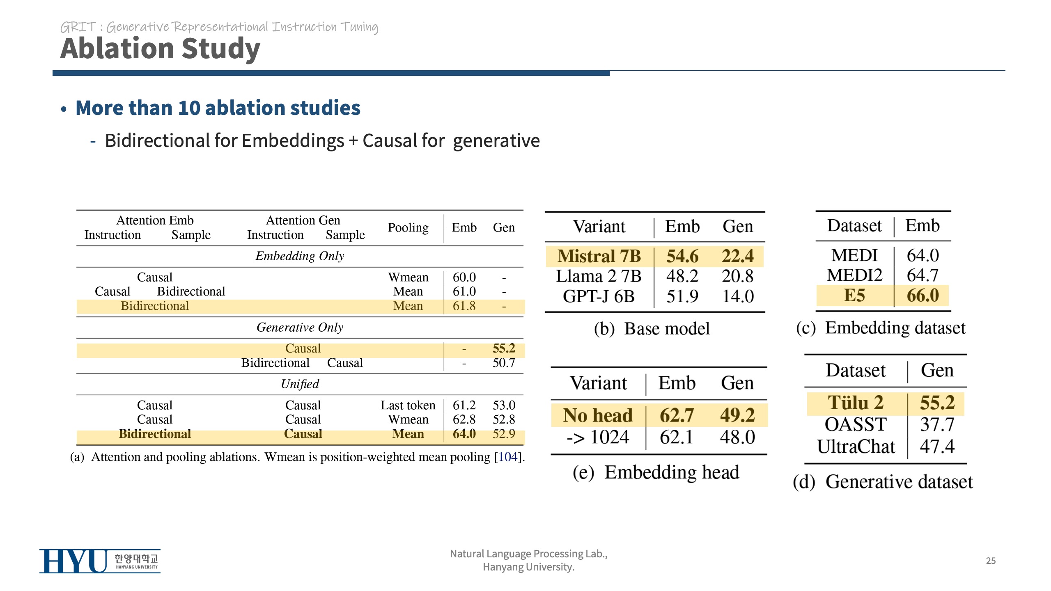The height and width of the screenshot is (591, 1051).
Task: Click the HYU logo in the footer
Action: tap(99, 561)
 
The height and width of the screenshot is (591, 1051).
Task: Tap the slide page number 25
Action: tap(991, 561)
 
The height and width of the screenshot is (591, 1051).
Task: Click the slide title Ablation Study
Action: tap(160, 48)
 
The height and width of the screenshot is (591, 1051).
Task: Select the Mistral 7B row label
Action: tap(599, 256)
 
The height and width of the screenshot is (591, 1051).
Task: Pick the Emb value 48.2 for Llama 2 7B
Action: tap(682, 276)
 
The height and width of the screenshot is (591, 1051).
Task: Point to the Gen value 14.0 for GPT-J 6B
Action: tap(738, 296)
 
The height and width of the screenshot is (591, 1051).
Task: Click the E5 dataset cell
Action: tap(854, 295)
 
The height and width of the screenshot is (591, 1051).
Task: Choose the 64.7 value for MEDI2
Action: tap(922, 275)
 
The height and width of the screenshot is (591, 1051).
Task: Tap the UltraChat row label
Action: tap(856, 447)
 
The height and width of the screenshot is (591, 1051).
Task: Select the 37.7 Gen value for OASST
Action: tap(937, 425)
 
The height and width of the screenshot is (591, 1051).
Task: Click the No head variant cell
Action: tap(597, 415)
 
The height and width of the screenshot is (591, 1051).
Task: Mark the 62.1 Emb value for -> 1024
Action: tap(676, 437)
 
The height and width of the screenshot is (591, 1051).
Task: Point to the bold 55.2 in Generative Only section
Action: tap(504, 348)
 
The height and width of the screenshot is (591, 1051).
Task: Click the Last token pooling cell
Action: tap(408, 405)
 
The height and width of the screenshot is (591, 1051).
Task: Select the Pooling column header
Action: tap(408, 227)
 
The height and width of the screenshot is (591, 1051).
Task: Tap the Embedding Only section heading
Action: tap(300, 256)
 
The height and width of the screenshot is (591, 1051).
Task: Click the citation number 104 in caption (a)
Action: tap(507, 457)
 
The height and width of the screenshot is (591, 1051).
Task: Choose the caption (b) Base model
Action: tap(652, 329)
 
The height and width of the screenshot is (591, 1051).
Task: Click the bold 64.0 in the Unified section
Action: tap(464, 434)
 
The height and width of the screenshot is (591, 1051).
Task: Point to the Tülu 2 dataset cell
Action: tap(856, 403)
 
